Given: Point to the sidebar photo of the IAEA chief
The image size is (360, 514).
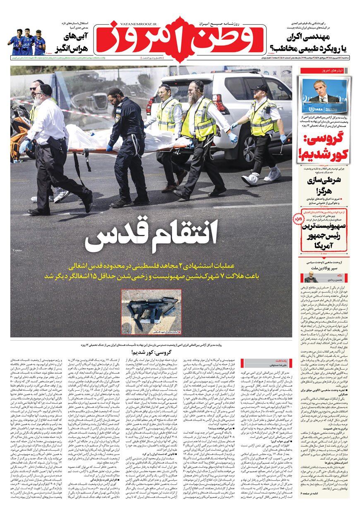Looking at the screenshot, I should [324, 96].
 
